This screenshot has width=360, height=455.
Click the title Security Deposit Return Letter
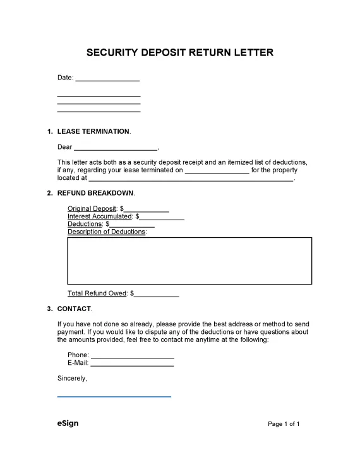[179, 52]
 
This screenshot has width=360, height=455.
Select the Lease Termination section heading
[93, 131]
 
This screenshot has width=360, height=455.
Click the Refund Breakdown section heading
[95, 192]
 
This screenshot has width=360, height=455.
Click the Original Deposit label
[92, 208]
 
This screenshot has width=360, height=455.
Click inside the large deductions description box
[189, 261]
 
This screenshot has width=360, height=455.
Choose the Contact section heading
[74, 309]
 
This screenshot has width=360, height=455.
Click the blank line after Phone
[132, 356]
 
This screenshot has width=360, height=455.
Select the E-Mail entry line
[132, 364]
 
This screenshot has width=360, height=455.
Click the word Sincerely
[72, 379]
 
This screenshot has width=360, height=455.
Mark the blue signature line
[114, 396]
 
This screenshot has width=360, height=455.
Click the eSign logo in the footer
[68, 423]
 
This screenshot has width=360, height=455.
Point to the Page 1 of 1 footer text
[284, 424]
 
